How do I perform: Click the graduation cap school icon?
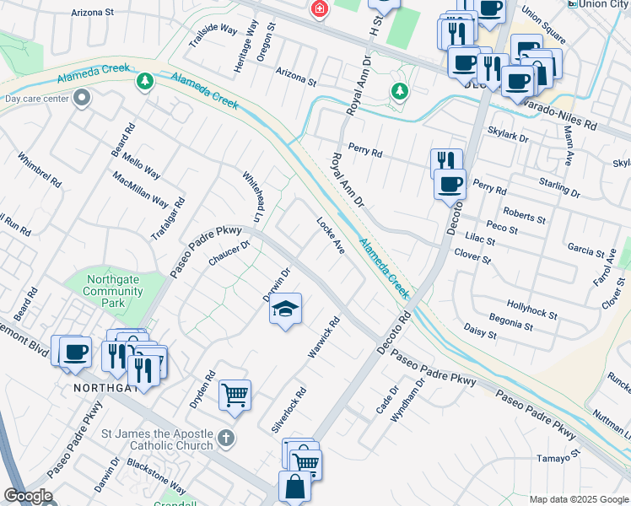(286, 310)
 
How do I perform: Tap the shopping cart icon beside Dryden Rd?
(235, 395)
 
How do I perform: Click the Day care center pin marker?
(82, 99)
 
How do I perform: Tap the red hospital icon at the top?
(319, 10)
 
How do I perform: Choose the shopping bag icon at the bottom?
(294, 487)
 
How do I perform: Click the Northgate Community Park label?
(112, 291)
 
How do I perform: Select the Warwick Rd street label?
(323, 337)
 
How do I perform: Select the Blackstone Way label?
(156, 476)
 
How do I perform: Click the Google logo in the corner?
(27, 496)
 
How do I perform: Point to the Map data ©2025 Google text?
(579, 499)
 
